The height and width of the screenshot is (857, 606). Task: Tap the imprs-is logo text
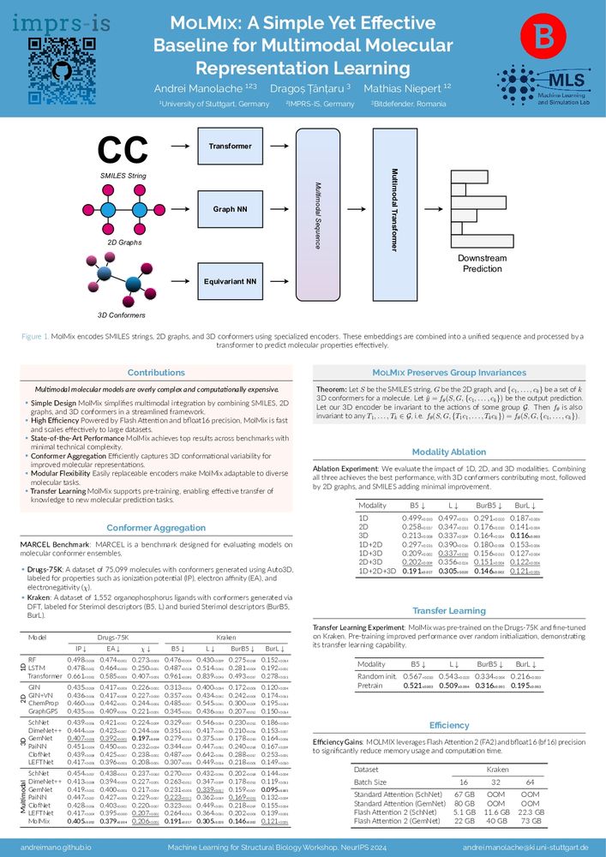point(48,20)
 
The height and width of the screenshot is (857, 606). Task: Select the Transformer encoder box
point(231,147)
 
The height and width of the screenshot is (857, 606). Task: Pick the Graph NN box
point(231,208)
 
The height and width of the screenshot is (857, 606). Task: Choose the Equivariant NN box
point(231,280)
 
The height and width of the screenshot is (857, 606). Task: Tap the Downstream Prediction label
point(481,263)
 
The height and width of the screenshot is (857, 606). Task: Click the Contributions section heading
point(155,373)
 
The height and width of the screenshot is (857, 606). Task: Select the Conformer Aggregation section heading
point(155,529)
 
